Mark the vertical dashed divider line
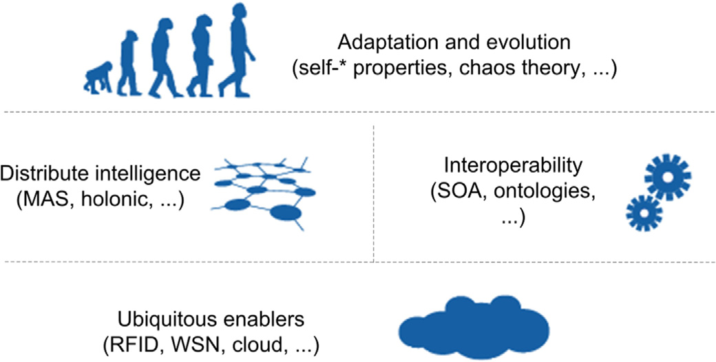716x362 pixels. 373,186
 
